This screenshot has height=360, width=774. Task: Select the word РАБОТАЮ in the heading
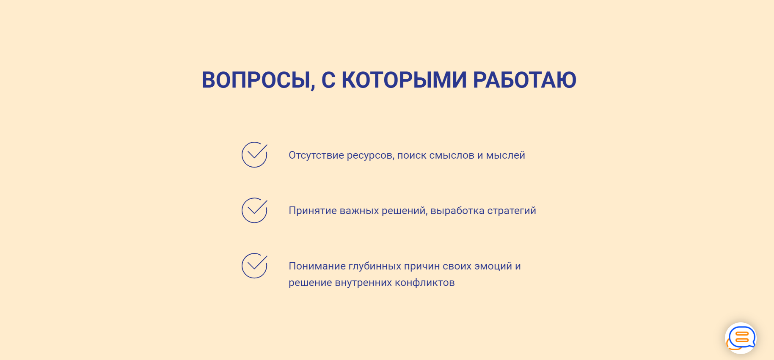pos(524,80)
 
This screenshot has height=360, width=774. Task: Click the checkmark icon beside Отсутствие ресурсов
pos(255,155)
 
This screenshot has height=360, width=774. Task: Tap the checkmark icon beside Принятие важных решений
pos(255,210)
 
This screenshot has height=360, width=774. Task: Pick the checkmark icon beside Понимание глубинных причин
pos(255,266)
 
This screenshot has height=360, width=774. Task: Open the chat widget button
pos(741,338)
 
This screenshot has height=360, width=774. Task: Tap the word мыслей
pos(505,155)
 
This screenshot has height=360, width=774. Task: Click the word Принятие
pos(313,211)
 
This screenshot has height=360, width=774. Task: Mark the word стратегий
pos(512,211)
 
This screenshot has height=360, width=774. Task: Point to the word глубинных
pos(375,267)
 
